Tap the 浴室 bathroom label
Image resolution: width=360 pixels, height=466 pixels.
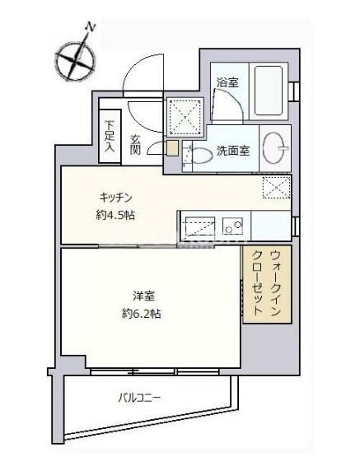(x=227, y=82)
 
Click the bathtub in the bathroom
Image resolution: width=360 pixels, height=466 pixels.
(x=269, y=91)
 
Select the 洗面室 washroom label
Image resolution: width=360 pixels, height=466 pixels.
(x=233, y=151)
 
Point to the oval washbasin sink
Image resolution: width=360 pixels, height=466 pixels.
(x=274, y=147)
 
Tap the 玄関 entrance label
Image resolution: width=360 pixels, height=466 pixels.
(x=135, y=145)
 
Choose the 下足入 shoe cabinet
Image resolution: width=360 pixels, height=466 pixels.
(x=110, y=136)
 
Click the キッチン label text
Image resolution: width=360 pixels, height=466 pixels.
(x=115, y=198)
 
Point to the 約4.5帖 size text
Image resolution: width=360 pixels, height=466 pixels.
(x=115, y=215)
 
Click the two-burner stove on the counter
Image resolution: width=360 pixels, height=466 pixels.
(x=233, y=226)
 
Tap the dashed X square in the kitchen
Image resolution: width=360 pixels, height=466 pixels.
(x=277, y=187)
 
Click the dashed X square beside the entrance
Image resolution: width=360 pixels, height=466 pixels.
(x=185, y=117)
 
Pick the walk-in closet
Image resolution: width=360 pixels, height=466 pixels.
(x=267, y=284)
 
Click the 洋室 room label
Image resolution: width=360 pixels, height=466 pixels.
(x=143, y=296)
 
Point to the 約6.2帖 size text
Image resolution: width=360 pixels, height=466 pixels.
(x=142, y=313)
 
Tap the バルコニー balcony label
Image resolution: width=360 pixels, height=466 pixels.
(x=140, y=398)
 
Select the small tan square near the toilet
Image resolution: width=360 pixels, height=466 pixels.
(x=172, y=148)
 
